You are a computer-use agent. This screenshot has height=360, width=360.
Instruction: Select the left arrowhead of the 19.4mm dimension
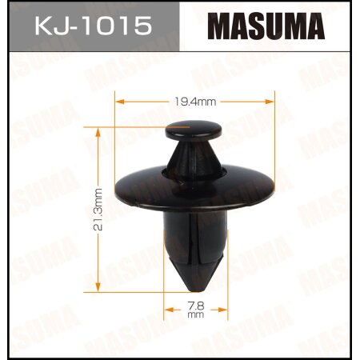[x=121, y=102]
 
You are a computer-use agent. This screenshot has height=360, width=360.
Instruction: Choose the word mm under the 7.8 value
[x=196, y=314]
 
